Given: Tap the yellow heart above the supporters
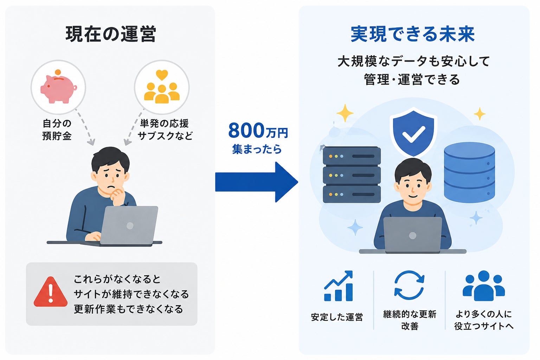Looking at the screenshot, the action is click(162, 75).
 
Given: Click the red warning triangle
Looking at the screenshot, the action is click(51, 292).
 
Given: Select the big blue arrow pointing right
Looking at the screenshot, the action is click(257, 182).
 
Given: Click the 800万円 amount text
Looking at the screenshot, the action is click(258, 130).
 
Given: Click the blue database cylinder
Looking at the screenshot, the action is click(469, 172).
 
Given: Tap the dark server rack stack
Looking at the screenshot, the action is click(352, 175).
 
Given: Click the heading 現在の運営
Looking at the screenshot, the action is click(111, 34).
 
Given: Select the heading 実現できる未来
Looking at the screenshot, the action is click(413, 34).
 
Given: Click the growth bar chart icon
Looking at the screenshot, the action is click(339, 286).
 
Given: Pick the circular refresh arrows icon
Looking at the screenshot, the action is click(409, 285).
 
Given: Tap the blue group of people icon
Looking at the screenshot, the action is click(484, 286).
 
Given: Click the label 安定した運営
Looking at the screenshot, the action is click(337, 317).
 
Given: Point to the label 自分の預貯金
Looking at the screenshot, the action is click(57, 130).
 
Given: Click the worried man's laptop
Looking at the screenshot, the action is click(129, 225).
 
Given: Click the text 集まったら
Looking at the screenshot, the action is click(257, 149).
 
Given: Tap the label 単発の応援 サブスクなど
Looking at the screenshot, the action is click(165, 130).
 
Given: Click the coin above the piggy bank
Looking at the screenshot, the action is click(58, 72).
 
